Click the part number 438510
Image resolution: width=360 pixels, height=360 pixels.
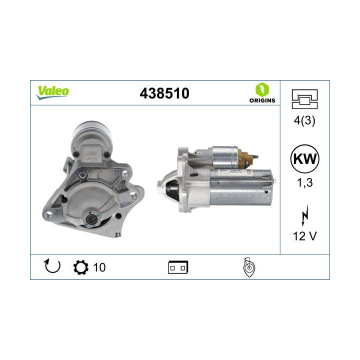[x=165, y=93]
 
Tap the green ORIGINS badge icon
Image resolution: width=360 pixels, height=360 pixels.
[x=262, y=90]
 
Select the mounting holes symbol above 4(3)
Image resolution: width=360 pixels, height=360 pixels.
[x=304, y=98]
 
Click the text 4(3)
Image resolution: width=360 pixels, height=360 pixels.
[x=304, y=120]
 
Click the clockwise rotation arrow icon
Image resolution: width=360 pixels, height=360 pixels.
[x=52, y=267]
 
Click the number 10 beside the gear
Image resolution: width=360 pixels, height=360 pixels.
[x=99, y=267]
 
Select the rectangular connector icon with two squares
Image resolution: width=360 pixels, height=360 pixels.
[x=177, y=267]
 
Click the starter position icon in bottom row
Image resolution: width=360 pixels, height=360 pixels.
[x=248, y=267]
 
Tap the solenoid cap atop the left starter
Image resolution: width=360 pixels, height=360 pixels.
[x=91, y=131]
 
